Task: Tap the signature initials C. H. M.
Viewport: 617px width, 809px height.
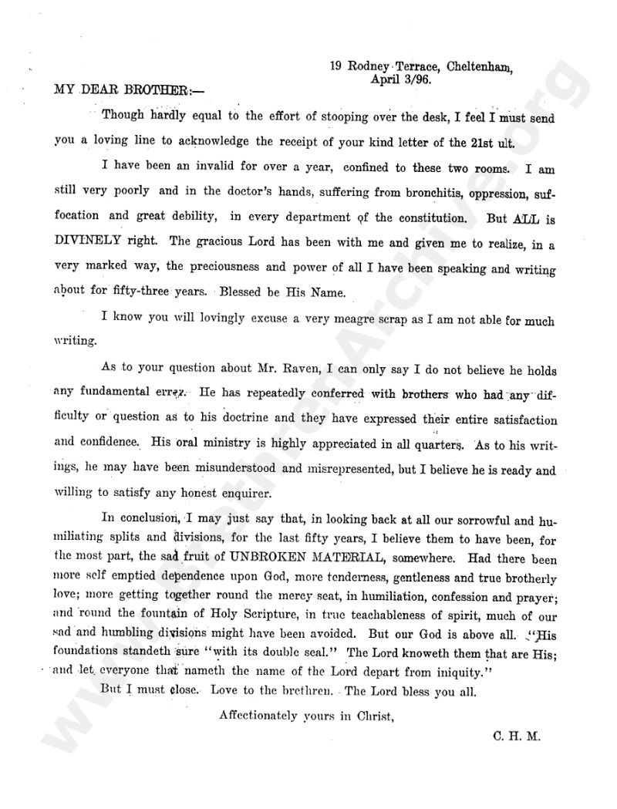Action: point(517,736)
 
